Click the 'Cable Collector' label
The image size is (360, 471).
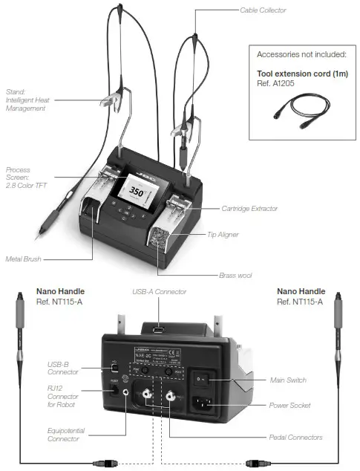point(262,10)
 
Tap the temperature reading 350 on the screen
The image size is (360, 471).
point(137,191)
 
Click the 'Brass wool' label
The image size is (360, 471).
point(235,275)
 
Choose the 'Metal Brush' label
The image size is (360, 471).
point(22,259)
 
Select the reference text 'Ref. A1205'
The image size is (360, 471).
point(278,83)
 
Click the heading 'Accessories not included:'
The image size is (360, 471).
point(301,55)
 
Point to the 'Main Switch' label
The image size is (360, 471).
point(287,380)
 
